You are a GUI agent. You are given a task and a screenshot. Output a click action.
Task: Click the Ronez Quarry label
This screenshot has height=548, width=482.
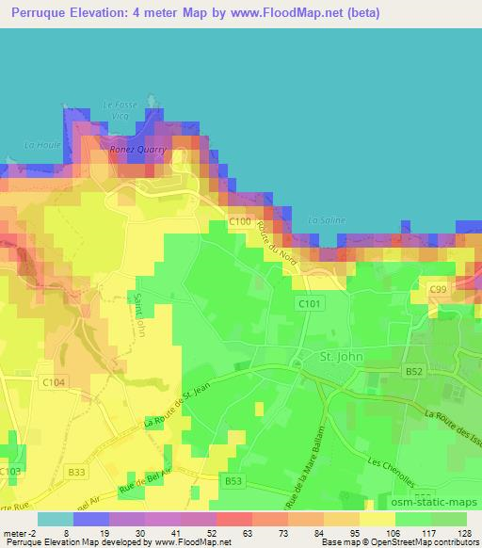[139, 149]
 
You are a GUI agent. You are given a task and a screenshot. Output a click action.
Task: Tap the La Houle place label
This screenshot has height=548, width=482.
[42, 144]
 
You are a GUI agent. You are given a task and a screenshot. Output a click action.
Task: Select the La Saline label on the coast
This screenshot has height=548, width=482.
[327, 220]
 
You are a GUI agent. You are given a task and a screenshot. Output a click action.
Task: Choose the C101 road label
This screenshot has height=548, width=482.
[310, 303]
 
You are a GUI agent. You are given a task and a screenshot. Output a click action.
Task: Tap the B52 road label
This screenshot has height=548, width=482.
[413, 372]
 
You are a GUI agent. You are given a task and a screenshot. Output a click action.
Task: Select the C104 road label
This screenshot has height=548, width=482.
[54, 382]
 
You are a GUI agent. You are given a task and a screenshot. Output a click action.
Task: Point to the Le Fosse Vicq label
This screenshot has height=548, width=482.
[120, 109]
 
